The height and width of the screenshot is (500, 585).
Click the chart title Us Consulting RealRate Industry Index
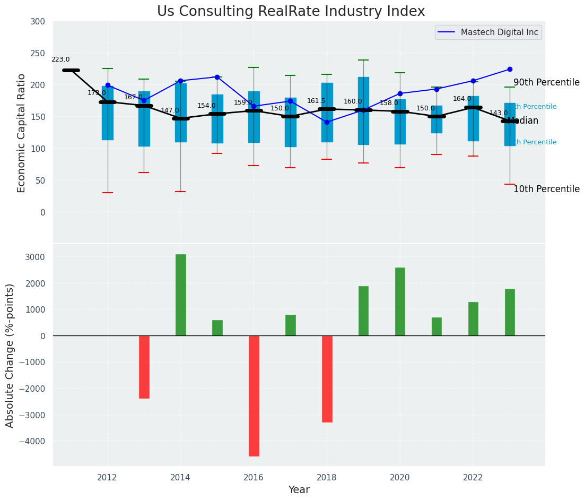point(291,12)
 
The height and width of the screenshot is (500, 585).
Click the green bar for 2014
point(181,295)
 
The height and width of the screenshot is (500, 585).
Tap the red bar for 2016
point(254,395)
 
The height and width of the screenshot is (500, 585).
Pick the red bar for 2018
point(327,378)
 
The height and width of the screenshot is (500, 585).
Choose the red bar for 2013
point(144,367)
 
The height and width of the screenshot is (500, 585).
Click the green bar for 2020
point(400,301)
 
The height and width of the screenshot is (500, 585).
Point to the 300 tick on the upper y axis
point(42,22)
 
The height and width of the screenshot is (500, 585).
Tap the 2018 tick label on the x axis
point(327,477)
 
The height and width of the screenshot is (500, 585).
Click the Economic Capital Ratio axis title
point(22,133)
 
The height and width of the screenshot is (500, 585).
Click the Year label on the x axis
point(299,490)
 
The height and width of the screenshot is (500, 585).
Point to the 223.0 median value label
point(60,59)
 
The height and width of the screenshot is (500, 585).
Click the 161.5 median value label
point(316,101)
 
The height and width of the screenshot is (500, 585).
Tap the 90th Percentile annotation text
point(546,83)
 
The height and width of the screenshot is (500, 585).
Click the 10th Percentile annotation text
point(546,189)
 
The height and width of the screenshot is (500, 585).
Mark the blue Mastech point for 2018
point(327,122)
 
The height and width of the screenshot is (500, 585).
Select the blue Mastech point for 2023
point(510,70)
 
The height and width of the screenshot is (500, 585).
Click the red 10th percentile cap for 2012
point(108,193)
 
